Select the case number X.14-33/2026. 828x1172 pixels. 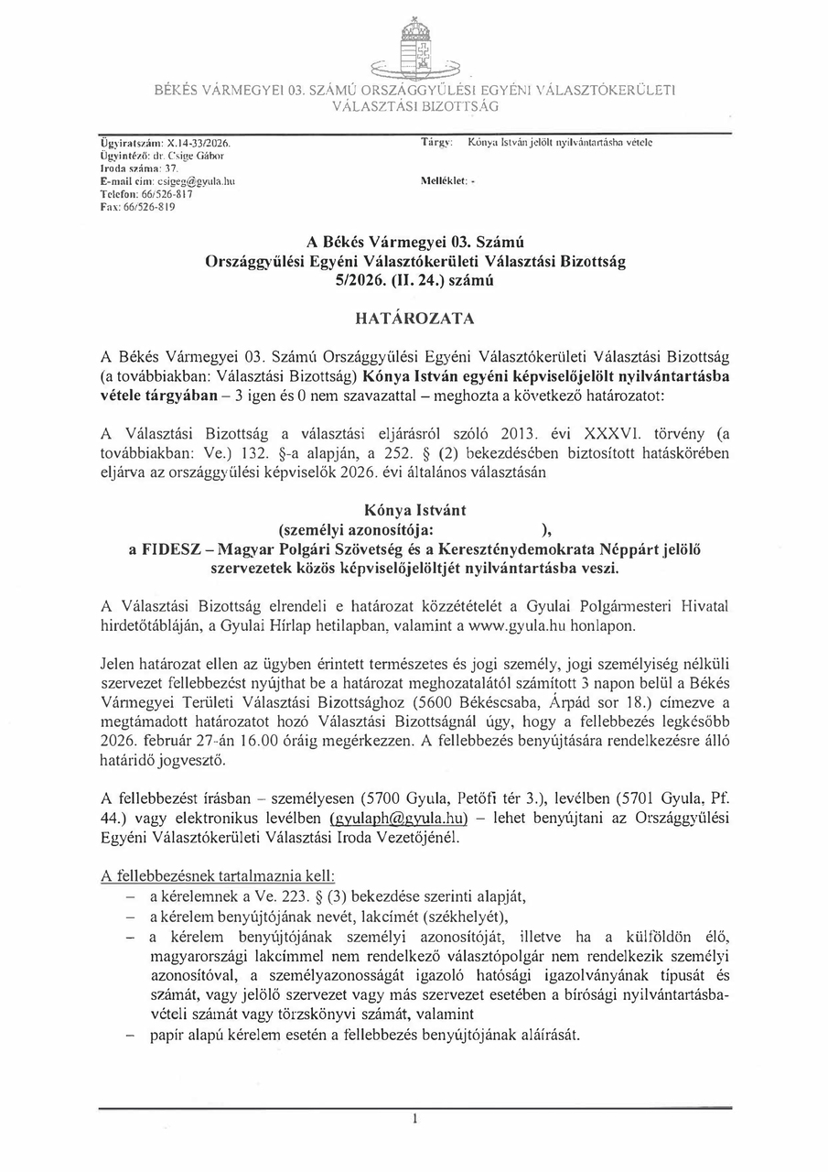199,145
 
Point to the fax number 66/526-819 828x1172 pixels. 150,207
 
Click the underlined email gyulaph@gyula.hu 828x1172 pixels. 397,817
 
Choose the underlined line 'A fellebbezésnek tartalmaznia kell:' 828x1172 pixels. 219,875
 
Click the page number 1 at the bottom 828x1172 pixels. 414,1119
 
